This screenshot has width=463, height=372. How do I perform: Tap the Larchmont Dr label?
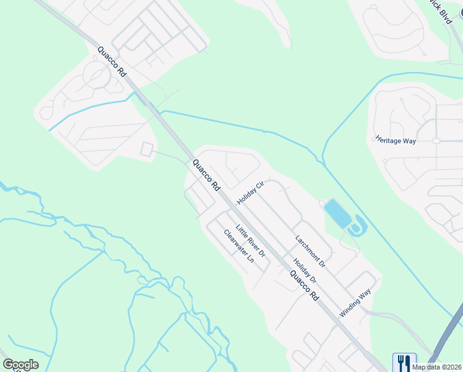click(310, 250)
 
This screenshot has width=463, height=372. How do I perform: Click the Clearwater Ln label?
click(239, 246)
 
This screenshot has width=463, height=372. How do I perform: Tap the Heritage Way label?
click(395, 140)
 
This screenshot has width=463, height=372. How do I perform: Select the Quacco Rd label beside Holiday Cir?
click(207, 175)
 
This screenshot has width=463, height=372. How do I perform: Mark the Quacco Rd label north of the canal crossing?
click(112, 61)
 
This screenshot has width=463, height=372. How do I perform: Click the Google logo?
click(20, 365)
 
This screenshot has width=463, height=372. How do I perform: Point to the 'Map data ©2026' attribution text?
click(437, 367)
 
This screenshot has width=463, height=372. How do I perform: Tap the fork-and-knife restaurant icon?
click(404, 361)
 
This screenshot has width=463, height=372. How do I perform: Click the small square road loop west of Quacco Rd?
click(147, 149)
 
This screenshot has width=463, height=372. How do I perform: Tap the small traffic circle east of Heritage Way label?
click(436, 141)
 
